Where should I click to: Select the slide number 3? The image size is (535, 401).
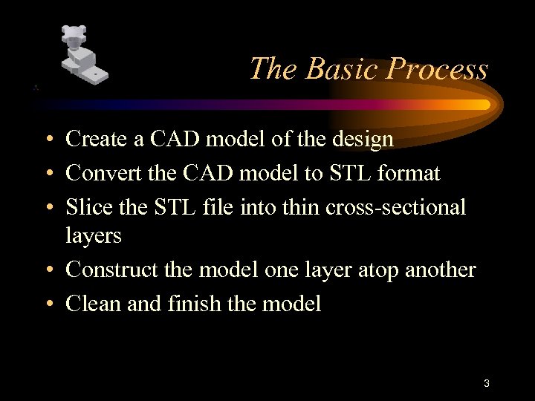[486, 384]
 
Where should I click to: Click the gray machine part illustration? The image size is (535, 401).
[82, 55]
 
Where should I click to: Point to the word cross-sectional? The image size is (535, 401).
[396, 207]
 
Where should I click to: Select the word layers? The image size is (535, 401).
[93, 235]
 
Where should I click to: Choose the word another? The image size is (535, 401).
[440, 270]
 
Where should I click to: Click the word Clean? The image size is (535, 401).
[88, 304]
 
